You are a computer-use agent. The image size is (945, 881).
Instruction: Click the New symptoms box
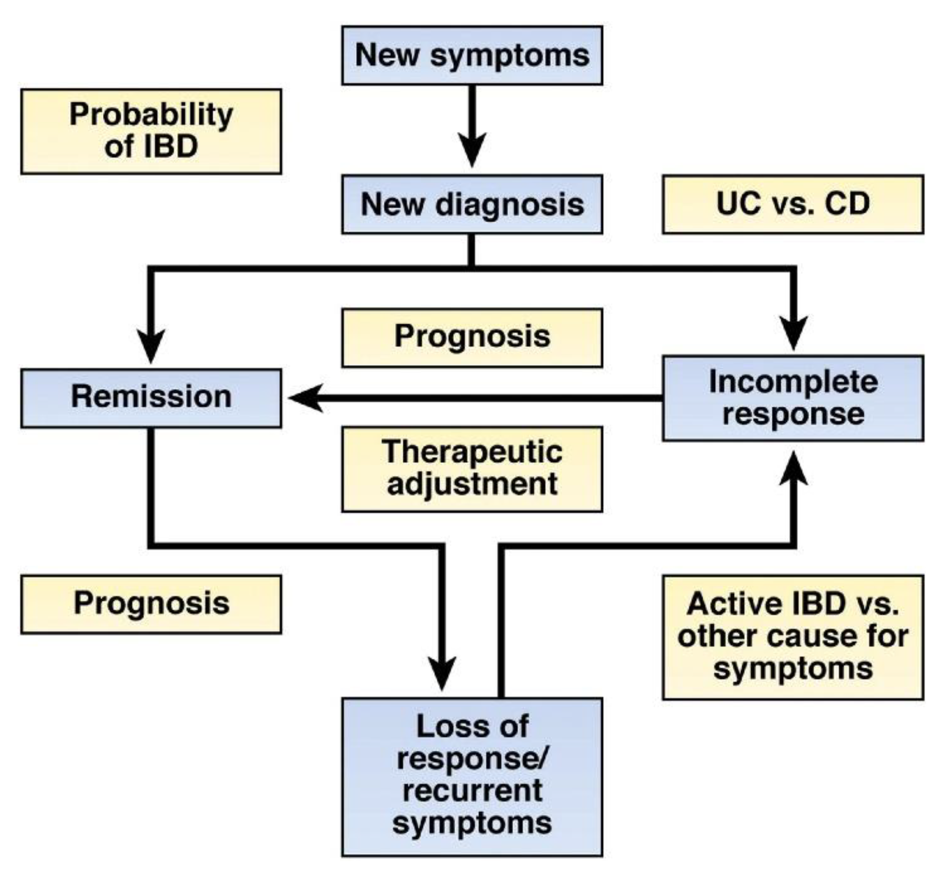(472, 55)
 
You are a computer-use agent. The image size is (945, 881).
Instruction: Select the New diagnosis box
(472, 205)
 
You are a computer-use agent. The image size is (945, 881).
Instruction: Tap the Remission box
(151, 398)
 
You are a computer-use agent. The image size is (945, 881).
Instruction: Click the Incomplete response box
(793, 398)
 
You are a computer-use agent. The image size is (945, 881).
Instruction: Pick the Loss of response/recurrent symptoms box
(472, 777)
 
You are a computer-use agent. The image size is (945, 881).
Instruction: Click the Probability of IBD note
(151, 131)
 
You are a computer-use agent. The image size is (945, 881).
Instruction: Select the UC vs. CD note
(793, 205)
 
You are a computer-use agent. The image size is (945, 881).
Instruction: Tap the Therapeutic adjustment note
(472, 469)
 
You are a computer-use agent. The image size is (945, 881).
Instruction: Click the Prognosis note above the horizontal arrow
(472, 338)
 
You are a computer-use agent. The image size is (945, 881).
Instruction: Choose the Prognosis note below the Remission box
(151, 604)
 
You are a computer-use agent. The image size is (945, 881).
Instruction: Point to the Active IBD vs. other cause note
(793, 638)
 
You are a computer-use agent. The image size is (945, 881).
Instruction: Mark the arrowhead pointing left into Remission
(307, 398)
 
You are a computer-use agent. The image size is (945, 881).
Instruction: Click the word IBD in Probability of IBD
(171, 146)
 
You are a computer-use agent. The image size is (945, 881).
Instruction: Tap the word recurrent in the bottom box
(472, 790)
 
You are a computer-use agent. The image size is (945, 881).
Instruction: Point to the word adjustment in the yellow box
(472, 485)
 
